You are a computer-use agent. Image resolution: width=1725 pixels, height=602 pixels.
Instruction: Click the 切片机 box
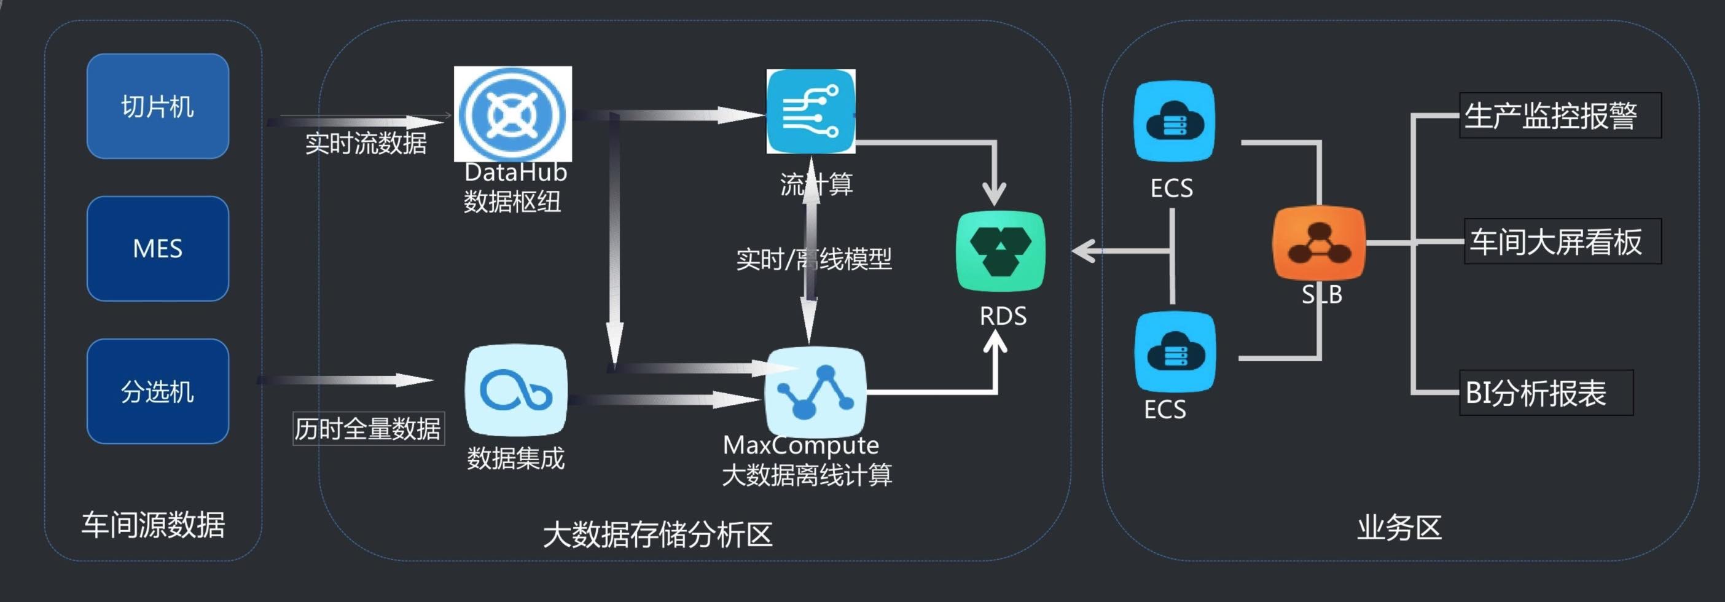tap(157, 106)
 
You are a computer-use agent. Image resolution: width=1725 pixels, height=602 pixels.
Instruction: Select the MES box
tap(157, 248)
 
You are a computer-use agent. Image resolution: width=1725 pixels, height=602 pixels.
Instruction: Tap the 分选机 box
tap(157, 391)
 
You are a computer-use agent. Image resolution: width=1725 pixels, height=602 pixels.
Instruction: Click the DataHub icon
tap(513, 114)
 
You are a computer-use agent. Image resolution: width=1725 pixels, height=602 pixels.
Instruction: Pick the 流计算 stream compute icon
tap(811, 111)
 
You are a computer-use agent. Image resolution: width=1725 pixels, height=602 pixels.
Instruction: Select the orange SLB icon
tap(1318, 243)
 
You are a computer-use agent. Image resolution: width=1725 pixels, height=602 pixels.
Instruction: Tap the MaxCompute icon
tap(816, 392)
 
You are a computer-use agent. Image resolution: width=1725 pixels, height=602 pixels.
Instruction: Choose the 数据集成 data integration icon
tap(515, 391)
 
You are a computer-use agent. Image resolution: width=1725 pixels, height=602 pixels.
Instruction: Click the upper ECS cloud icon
tap(1174, 121)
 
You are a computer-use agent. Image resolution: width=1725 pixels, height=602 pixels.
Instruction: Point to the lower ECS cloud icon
tap(1175, 351)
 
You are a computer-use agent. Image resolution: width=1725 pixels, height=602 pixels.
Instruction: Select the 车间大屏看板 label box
tap(1562, 241)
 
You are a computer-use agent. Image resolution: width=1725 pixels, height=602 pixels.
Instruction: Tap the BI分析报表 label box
tap(1546, 393)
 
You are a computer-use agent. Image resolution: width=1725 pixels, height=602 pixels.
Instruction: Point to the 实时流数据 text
tap(366, 143)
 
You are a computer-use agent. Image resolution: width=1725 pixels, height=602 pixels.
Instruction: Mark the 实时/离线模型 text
tap(813, 259)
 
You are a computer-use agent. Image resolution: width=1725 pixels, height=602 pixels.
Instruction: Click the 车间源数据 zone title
tap(154, 525)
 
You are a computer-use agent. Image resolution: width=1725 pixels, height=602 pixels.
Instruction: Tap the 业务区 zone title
tap(1399, 528)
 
